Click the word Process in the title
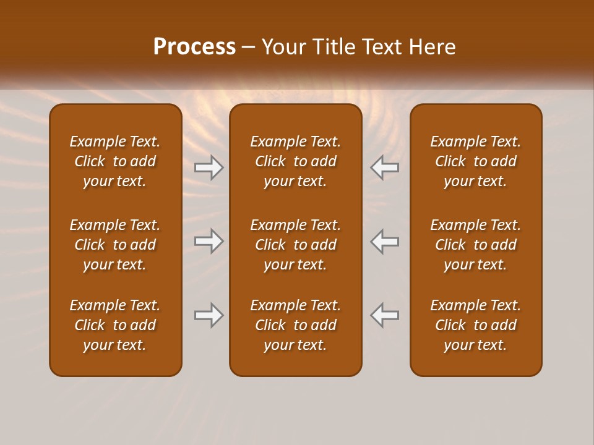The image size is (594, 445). pos(194,47)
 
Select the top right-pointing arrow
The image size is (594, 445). pos(209,167)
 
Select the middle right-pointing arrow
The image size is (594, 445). pos(209,241)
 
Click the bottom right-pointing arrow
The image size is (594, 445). pos(209,315)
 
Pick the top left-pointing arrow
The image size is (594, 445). pos(385,167)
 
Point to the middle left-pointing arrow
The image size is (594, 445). pos(385,241)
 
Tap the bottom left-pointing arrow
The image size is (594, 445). pos(385,315)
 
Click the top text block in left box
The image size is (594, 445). pos(115,161)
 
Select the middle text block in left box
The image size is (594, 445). pos(115,245)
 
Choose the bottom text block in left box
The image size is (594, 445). pos(115,325)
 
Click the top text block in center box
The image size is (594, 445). pos(295,161)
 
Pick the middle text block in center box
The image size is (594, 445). pos(295,245)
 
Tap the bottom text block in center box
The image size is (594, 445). pos(295,325)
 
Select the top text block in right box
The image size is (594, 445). pos(475,161)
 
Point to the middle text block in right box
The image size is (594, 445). pos(475,245)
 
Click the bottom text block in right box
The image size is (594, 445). pos(475,325)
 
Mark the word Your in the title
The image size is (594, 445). pos(284,47)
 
